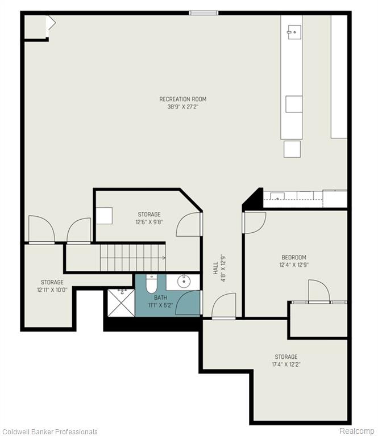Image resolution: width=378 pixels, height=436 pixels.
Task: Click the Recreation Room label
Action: pyautogui.click(x=183, y=99)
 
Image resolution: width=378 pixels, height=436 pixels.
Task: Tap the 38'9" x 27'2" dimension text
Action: pyautogui.click(x=183, y=107)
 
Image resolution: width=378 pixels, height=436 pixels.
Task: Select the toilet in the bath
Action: pyautogui.click(x=151, y=284)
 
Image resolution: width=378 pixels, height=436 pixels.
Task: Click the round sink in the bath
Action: pyautogui.click(x=184, y=282)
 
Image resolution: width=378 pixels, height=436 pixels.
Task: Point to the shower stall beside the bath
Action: pyautogui.click(x=121, y=303)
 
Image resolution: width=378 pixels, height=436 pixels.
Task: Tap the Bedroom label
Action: pyautogui.click(x=294, y=257)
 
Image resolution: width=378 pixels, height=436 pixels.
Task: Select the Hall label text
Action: pyautogui.click(x=216, y=269)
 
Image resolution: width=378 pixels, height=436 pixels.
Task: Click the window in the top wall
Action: pyautogui.click(x=203, y=13)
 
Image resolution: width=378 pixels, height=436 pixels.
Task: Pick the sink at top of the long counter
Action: pyautogui.click(x=294, y=32)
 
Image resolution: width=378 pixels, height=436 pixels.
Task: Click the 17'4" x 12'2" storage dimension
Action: pyautogui.click(x=286, y=364)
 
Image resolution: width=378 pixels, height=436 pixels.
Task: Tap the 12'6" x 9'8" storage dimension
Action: pyautogui.click(x=149, y=222)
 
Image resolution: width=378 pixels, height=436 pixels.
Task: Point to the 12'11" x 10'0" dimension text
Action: pyautogui.click(x=52, y=290)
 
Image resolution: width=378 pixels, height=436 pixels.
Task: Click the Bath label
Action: pyautogui.click(x=161, y=297)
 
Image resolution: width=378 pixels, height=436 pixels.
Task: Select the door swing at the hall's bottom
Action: pyautogui.click(x=224, y=305)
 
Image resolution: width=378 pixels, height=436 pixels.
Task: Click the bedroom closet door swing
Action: pyautogui.click(x=319, y=291)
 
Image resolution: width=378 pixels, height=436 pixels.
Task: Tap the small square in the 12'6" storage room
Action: pyautogui.click(x=104, y=216)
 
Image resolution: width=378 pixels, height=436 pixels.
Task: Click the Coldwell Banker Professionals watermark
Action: pyautogui.click(x=49, y=431)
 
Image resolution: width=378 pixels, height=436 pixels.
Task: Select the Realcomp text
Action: pyautogui.click(x=356, y=431)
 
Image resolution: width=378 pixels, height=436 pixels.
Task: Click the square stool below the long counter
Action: pyautogui.click(x=292, y=149)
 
